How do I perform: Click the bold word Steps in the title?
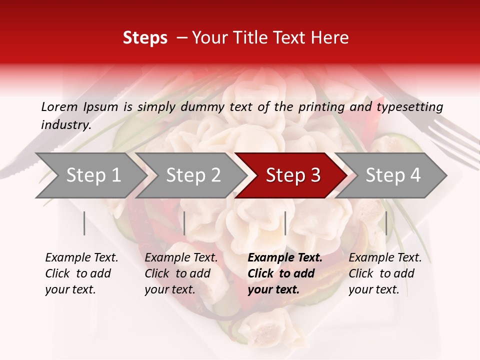click(x=145, y=38)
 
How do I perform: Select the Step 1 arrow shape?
click(x=90, y=175)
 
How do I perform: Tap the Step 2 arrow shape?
click(x=190, y=175)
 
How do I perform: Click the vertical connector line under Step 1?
click(x=84, y=223)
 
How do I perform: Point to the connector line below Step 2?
click(x=184, y=223)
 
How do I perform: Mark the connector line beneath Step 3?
click(x=285, y=223)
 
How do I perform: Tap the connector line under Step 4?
click(x=386, y=223)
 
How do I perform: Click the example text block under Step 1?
click(x=81, y=273)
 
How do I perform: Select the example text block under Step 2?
click(x=181, y=273)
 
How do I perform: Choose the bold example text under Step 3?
click(x=284, y=273)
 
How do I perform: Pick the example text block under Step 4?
click(x=385, y=273)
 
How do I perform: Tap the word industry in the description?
click(x=65, y=124)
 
